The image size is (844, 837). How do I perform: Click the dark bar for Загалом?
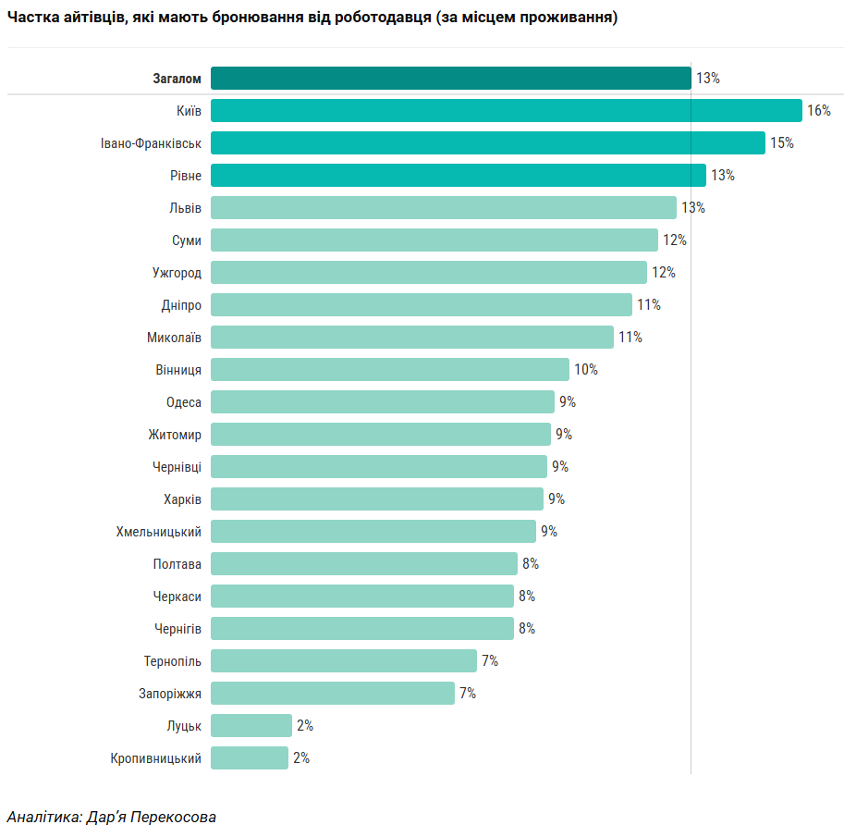coord(450,79)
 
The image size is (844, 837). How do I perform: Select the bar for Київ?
coord(506,111)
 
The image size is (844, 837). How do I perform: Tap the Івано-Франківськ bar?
coord(487,143)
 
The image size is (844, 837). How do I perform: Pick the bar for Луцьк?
coord(251,726)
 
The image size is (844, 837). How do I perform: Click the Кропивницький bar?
coord(249,758)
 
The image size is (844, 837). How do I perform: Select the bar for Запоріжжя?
coord(332,694)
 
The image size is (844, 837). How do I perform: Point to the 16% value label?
coord(818,111)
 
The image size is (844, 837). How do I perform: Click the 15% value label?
coord(781,143)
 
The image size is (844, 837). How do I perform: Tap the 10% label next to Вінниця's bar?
coord(585,370)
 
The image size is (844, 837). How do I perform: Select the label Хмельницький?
coord(158,532)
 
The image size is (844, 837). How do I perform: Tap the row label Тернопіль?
coord(172,661)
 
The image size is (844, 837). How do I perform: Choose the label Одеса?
coord(183,402)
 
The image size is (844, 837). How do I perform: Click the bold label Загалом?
coord(177,79)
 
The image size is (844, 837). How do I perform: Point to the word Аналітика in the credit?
coord(43,818)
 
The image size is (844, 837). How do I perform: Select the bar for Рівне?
coord(458,176)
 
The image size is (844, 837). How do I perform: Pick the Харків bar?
coord(376,499)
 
